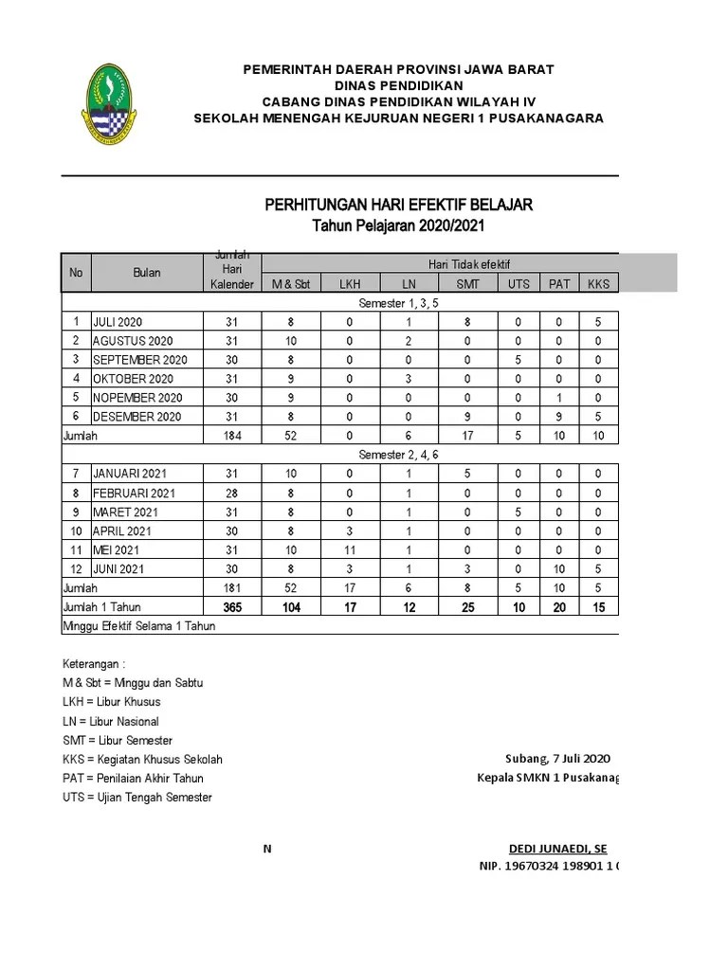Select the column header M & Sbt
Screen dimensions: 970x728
click(x=291, y=283)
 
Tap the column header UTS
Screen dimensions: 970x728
click(x=519, y=283)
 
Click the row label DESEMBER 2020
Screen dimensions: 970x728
click(x=137, y=417)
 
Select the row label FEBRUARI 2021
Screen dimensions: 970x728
click(x=135, y=493)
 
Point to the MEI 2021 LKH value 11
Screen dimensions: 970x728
click(x=349, y=549)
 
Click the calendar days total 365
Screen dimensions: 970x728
click(x=232, y=607)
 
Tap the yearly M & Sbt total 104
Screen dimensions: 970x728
click(x=291, y=607)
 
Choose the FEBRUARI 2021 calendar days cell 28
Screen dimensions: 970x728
click(x=232, y=493)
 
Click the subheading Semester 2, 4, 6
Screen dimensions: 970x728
click(x=397, y=455)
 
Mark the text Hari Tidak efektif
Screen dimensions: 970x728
click(x=469, y=264)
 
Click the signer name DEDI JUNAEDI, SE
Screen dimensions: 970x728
click(x=557, y=848)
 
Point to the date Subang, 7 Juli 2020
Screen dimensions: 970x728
click(x=556, y=759)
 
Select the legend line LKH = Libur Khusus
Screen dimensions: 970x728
click(x=111, y=702)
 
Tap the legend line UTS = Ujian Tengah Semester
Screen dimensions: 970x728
click(x=137, y=798)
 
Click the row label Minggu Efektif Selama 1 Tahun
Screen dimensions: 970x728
click(x=138, y=626)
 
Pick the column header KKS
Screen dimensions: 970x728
click(x=598, y=283)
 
